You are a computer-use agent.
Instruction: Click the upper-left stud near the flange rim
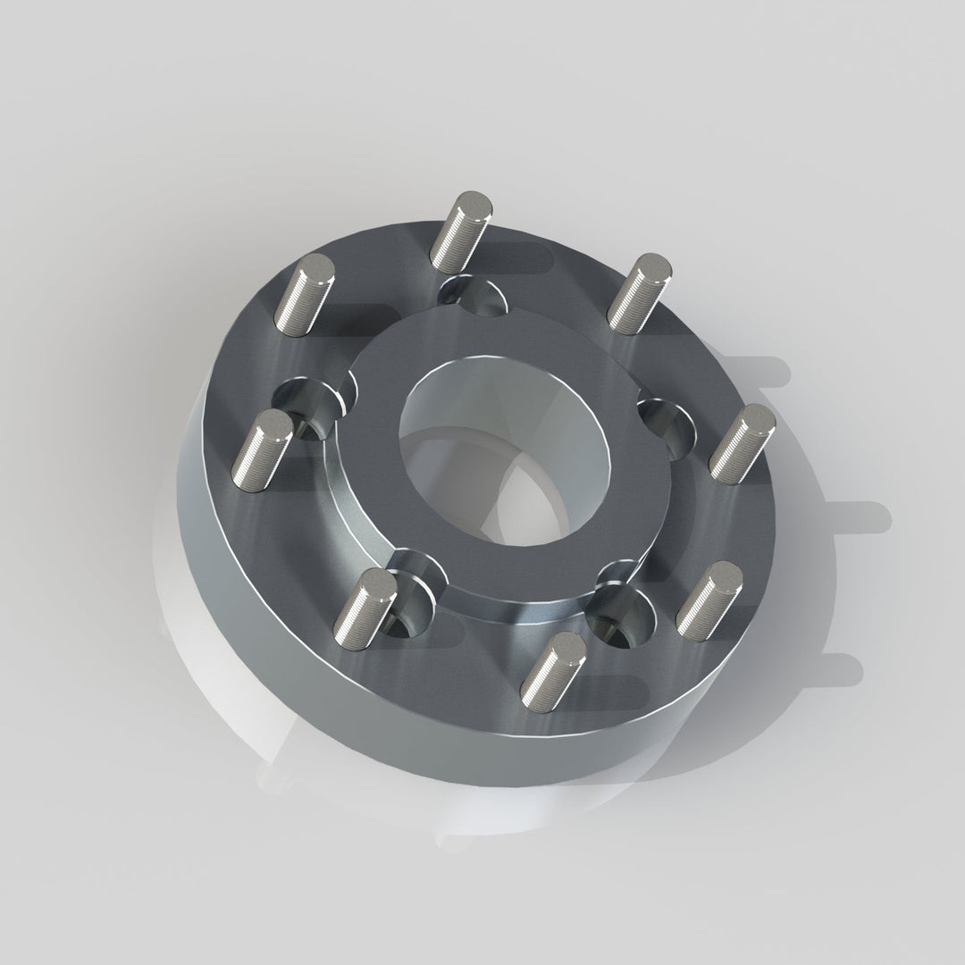tap(305, 294)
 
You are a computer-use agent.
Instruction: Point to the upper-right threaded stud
tap(638, 293)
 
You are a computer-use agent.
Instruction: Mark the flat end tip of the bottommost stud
tap(568, 645)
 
